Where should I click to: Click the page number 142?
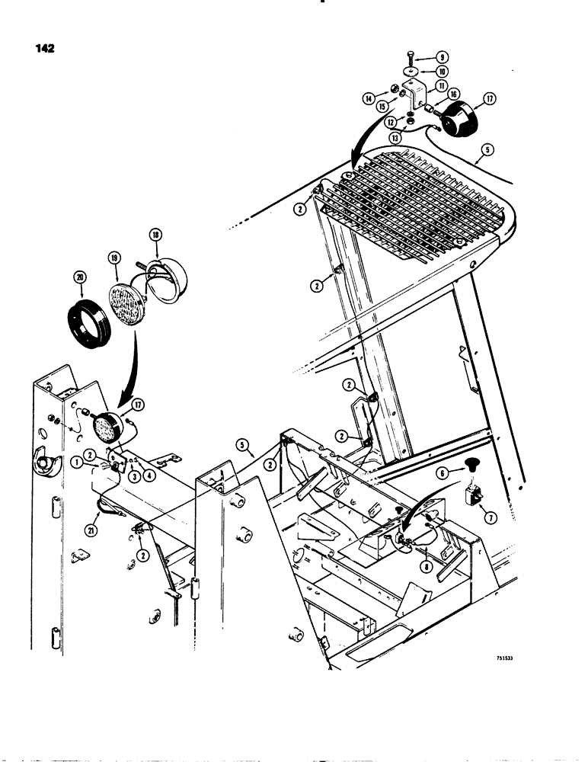point(44,50)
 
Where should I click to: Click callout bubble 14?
point(369,98)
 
